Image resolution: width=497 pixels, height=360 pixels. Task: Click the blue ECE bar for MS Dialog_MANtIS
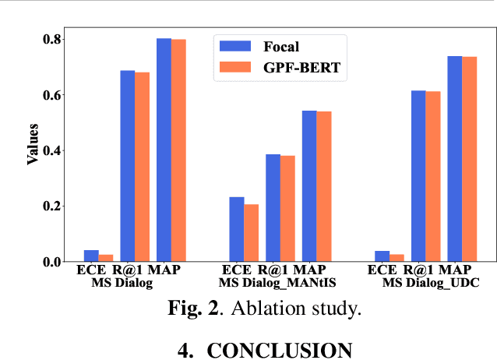click(236, 229)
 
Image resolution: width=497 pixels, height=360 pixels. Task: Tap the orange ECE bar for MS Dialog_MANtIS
click(251, 233)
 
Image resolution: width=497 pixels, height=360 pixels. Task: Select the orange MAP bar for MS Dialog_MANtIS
click(323, 186)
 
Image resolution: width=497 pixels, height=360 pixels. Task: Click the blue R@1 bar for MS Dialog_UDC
click(418, 176)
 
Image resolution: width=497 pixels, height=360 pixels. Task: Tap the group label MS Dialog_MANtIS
click(279, 282)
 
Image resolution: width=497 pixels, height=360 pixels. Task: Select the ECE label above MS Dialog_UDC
click(382, 270)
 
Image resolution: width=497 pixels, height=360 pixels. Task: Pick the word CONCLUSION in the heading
click(279, 350)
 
